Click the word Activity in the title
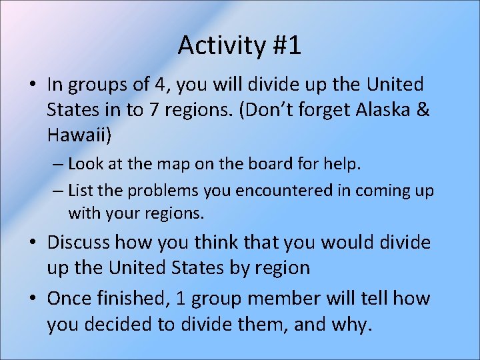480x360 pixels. [219, 46]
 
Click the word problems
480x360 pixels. [159, 190]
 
